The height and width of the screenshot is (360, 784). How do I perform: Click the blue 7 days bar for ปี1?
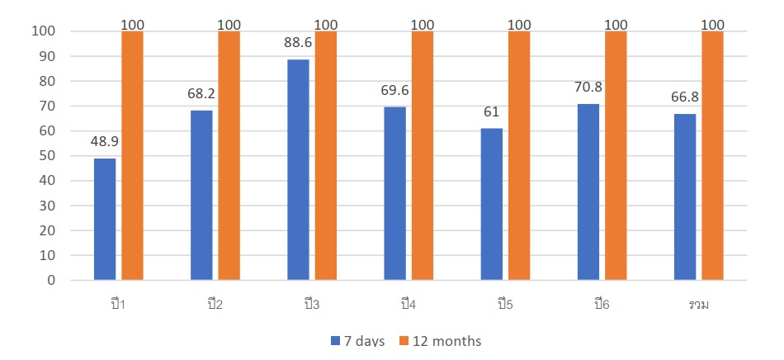click(105, 219)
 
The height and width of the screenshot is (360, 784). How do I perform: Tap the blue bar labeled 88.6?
click(298, 169)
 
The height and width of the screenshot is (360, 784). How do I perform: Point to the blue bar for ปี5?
click(491, 204)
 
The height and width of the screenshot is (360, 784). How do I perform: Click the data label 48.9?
click(105, 141)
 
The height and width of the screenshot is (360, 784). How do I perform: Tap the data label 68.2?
click(201, 93)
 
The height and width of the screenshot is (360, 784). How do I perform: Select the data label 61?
click(491, 111)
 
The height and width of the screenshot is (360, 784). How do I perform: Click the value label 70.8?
click(588, 87)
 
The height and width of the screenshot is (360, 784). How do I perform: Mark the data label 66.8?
click(685, 97)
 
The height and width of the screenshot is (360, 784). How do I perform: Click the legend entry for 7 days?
click(357, 341)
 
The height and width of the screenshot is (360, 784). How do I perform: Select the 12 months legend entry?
click(442, 341)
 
